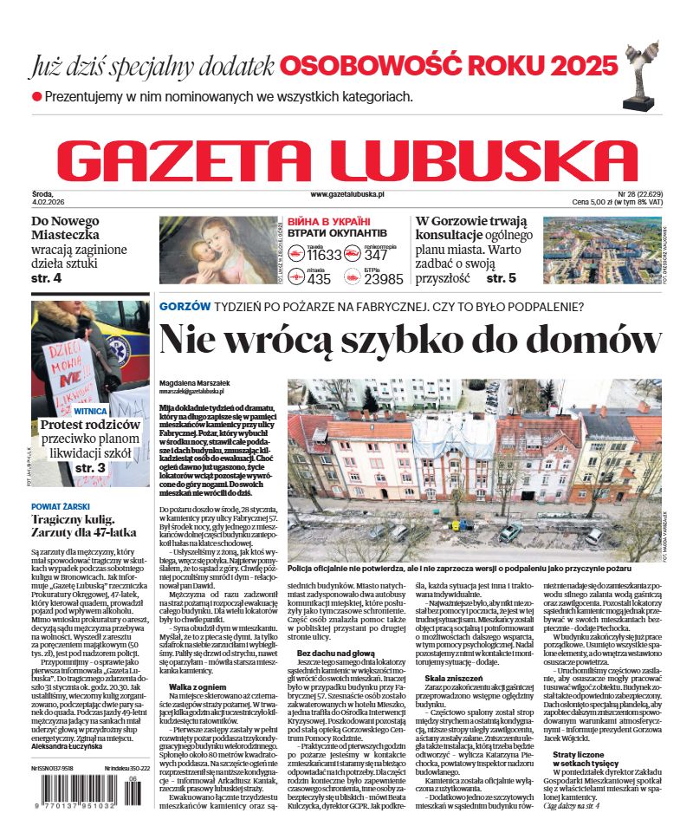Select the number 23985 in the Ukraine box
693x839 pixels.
tap(384, 279)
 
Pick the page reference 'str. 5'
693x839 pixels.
tap(501, 278)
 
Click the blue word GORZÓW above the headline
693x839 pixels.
tap(185, 306)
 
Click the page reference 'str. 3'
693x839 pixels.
tap(90, 468)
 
